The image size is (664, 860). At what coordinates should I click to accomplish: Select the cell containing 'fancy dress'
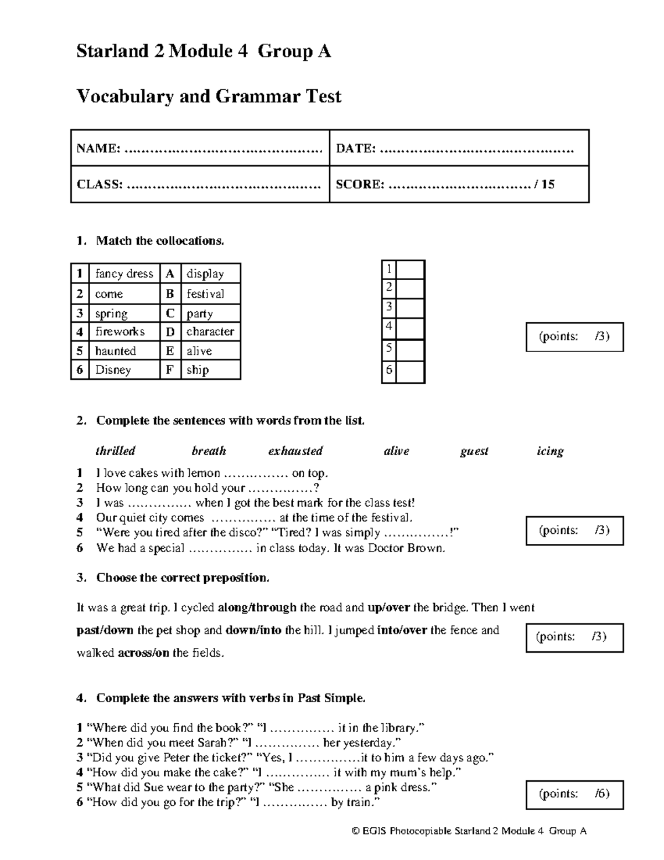pos(124,274)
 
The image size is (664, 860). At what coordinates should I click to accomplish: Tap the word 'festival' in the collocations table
pos(205,293)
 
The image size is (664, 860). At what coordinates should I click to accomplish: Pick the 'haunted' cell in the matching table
pos(116,351)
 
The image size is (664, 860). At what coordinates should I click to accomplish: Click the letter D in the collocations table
pos(170,332)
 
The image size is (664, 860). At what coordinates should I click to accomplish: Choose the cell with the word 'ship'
pos(198,370)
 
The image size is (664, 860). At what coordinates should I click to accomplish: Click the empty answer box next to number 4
pos(410,328)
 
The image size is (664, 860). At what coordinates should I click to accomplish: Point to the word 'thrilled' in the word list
pos(115,451)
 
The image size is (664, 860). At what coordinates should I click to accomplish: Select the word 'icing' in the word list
pos(550,451)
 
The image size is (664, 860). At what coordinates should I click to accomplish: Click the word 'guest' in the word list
pos(474,451)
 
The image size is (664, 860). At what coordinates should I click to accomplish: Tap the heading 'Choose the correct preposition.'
pos(183,578)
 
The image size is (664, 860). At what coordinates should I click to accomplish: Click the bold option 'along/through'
pos(257,607)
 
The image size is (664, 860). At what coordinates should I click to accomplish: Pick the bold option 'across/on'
pos(143,652)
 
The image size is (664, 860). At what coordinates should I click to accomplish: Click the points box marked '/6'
pos(574,794)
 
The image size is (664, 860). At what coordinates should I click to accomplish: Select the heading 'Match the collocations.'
pos(160,240)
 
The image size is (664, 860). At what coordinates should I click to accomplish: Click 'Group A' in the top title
pos(294,52)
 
